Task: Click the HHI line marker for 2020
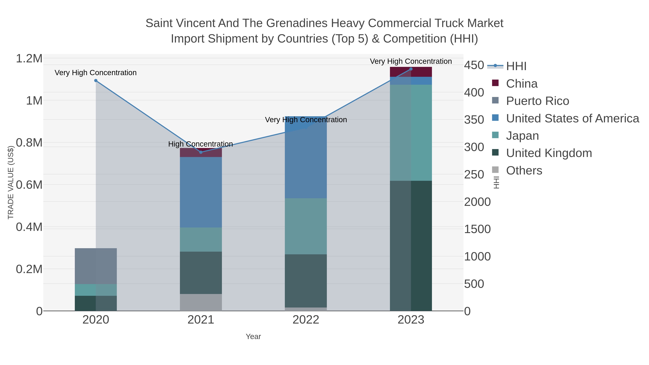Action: coord(96,81)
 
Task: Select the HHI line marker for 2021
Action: coord(201,152)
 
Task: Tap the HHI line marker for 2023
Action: coord(411,69)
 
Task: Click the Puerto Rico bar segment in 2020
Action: coord(96,266)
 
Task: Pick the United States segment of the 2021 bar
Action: coord(201,192)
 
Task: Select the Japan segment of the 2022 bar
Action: coord(306,226)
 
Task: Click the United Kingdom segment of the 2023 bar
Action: coord(411,246)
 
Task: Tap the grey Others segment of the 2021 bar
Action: coord(201,302)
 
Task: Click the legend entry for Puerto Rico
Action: coord(537,101)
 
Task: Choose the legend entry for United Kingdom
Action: coord(549,153)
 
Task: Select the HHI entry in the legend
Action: coord(516,66)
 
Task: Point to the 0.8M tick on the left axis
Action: coord(29,143)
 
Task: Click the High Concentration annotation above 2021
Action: coord(200,144)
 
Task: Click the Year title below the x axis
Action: coord(253,337)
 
